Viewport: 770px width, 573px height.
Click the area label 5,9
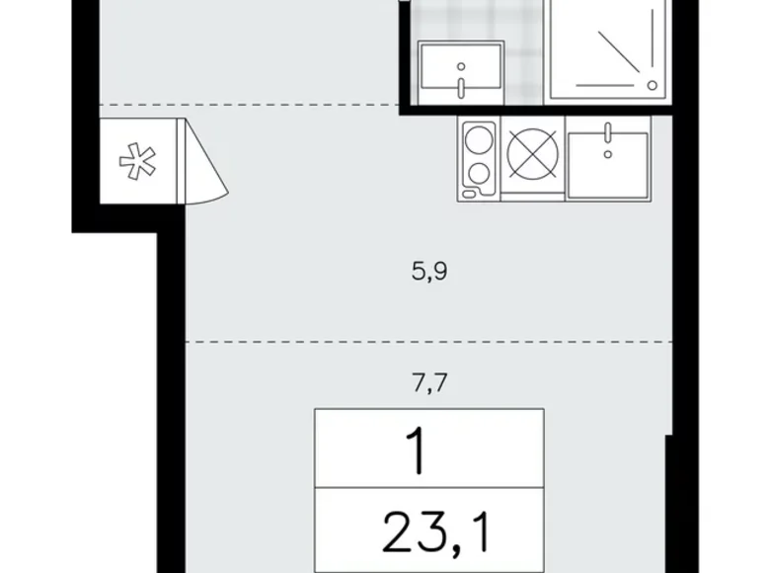coord(430,271)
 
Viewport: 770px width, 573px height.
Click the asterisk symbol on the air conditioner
coord(129,161)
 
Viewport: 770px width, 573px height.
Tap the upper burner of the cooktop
coord(480,138)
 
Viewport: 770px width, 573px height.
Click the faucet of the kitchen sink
coord(609,137)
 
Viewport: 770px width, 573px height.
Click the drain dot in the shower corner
coord(653,85)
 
